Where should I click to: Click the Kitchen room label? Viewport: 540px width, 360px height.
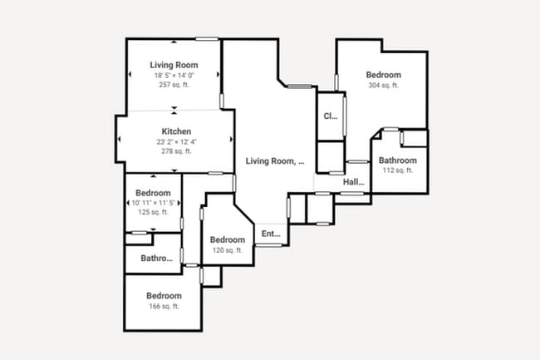pos(176,131)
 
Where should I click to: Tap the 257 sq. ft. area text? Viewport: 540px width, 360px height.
pos(174,85)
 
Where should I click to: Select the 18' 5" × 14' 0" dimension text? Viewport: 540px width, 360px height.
pos(174,76)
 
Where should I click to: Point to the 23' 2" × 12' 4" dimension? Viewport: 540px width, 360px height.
pos(176,142)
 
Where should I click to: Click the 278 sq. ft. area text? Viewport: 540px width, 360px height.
pos(176,151)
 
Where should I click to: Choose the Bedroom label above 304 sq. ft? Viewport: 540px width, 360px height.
pos(383,75)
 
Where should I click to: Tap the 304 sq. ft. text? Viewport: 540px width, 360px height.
pos(383,85)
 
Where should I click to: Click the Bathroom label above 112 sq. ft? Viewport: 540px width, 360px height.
pos(397,160)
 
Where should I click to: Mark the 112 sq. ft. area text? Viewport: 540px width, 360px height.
pos(397,170)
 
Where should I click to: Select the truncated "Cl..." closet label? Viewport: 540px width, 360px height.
pos(330,116)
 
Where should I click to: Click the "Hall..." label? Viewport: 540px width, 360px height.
pos(354,182)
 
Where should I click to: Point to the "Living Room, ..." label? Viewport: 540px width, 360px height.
pos(275,161)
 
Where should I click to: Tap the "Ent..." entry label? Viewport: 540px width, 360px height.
pos(271,234)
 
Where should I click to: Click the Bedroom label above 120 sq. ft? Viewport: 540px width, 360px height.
pos(227,240)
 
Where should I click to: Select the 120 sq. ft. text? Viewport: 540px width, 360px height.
pos(227,250)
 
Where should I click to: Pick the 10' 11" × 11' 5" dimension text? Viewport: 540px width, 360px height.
pos(153,203)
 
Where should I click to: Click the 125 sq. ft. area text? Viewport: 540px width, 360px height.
pos(153,212)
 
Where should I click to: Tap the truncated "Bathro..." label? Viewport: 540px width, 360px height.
pos(157,258)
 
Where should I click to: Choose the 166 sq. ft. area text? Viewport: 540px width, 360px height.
pos(164,306)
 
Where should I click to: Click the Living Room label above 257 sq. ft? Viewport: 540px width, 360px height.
pos(174,65)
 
